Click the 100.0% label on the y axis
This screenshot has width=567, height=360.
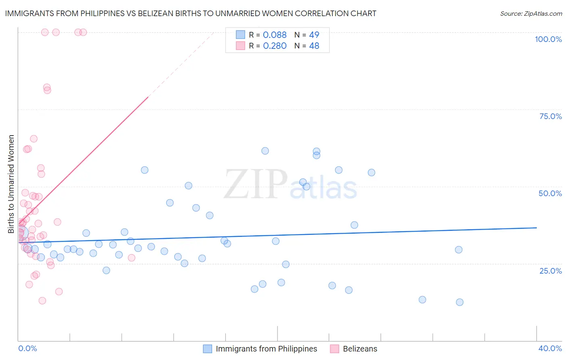548,39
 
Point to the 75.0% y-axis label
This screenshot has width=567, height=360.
550,116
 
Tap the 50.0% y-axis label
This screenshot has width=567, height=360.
550,193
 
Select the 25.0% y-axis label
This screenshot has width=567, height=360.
550,271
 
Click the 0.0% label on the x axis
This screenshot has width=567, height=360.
27,348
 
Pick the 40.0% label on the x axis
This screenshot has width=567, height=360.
550,348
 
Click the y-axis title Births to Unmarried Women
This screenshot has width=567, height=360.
11,184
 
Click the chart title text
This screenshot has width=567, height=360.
190,13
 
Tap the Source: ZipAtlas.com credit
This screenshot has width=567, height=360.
531,13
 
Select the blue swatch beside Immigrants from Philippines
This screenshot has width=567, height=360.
207,349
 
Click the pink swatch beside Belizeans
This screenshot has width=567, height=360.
334,349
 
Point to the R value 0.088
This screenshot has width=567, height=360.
275,35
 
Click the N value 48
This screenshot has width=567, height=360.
314,46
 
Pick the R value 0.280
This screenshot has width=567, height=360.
275,46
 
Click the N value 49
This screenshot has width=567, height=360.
314,35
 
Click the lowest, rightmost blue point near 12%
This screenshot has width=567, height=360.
459,302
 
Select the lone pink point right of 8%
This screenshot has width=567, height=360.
131,258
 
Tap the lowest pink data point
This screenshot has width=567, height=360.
42,301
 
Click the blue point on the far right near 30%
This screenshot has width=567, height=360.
459,250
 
